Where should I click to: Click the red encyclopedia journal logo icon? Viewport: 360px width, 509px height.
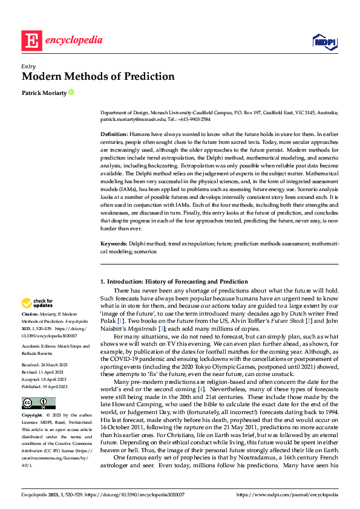click(31, 41)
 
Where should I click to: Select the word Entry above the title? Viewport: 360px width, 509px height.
click(28, 66)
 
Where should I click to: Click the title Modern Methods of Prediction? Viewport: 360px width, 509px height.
click(98, 77)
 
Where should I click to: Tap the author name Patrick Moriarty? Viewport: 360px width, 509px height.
click(44, 92)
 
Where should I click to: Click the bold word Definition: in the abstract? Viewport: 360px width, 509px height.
click(113, 133)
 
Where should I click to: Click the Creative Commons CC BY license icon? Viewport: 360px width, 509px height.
click(38, 403)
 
